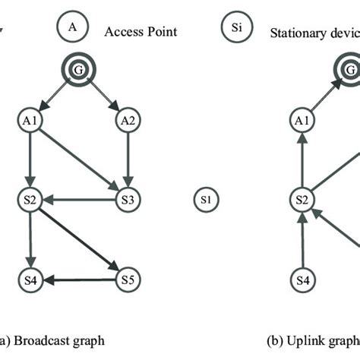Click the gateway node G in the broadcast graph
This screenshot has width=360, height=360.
pos(78,71)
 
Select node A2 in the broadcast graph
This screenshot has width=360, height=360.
pos(128,119)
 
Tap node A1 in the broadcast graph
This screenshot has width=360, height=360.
pos(28,119)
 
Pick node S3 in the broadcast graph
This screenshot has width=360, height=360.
pos(128,201)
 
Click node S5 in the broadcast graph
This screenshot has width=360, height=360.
pos(128,281)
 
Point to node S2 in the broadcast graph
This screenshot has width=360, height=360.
pos(28,201)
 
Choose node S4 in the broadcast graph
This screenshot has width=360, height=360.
pos(28,281)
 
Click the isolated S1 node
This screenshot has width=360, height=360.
pos(205,201)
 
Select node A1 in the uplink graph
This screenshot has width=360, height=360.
pos(302,119)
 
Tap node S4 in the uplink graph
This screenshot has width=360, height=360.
pos(302,281)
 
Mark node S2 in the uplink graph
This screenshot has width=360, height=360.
pos(302,201)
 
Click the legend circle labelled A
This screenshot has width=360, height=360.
pos(73,27)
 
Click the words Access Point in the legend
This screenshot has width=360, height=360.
pos(141,31)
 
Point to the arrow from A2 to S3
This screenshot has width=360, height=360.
pos(128,159)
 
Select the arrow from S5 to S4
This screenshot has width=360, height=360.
pos(77,281)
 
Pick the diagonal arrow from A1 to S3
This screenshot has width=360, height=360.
pos(77,159)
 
